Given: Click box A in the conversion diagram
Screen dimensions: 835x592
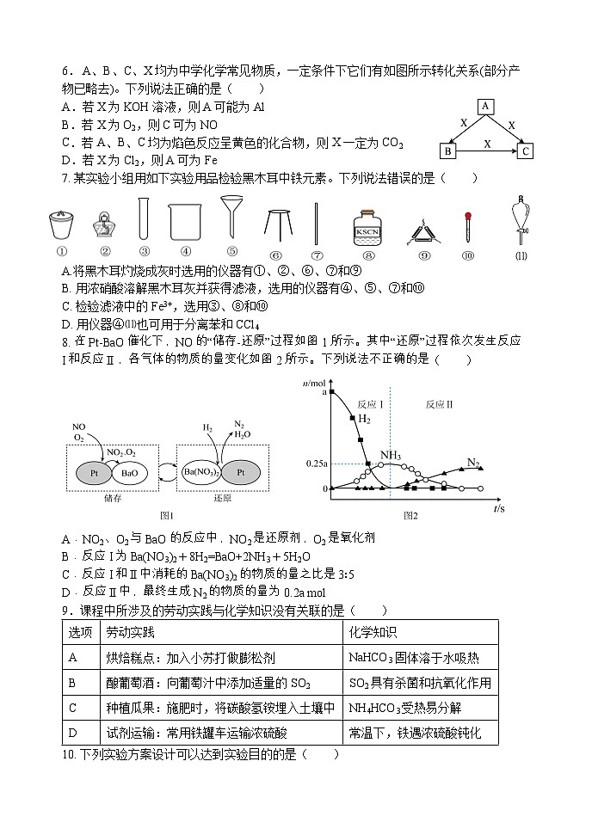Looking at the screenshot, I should click(485, 106).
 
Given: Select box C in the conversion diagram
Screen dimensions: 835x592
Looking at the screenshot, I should click(525, 151).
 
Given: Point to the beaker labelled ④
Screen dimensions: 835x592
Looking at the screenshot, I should click(185, 223).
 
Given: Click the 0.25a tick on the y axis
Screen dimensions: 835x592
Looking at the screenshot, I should click(315, 464).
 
